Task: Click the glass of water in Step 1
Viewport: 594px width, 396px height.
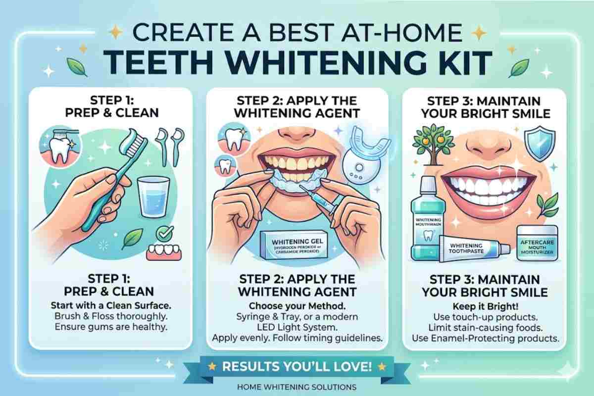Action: (153, 197)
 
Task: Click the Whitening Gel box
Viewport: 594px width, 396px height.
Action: (294, 245)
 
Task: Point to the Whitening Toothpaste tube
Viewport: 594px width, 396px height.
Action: (474, 248)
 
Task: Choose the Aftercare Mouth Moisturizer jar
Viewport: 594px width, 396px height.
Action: (537, 243)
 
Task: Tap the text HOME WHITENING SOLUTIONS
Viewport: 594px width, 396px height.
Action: (297, 387)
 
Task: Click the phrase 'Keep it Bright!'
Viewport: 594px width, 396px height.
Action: (485, 306)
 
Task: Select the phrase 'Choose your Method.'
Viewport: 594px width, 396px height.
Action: (297, 306)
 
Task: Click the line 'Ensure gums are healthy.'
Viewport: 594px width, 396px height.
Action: (111, 327)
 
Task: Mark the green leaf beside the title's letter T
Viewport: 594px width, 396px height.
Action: (77, 67)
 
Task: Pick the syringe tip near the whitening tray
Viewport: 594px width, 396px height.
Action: (300, 187)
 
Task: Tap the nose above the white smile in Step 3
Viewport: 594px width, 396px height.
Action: (489, 147)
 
